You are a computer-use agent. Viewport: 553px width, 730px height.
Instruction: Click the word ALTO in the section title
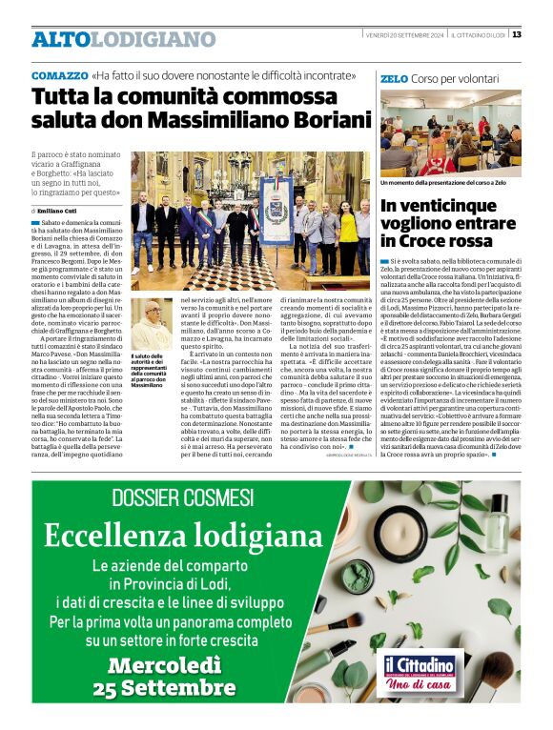(x=62, y=39)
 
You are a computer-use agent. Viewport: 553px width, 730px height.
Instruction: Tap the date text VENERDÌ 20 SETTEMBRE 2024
(x=404, y=35)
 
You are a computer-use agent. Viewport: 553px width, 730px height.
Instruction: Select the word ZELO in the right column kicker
(x=394, y=78)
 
